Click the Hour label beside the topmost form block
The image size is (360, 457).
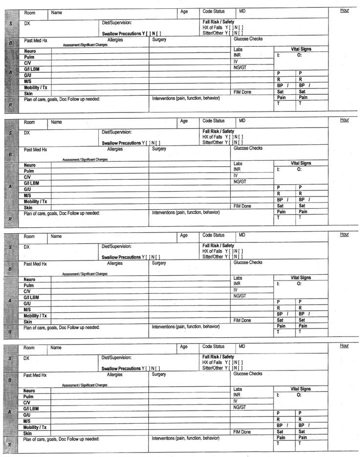(345, 10)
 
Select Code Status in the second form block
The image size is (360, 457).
(213, 121)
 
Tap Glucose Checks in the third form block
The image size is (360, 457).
(248, 262)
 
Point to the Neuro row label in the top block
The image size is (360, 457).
(30, 51)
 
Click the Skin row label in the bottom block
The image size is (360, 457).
(28, 434)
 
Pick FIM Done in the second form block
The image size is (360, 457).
(242, 206)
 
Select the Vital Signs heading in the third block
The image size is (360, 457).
(301, 278)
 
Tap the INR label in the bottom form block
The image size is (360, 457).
(237, 395)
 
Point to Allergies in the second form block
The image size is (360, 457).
(115, 149)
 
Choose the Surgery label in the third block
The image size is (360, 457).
(159, 263)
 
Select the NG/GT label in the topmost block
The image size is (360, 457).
(240, 67)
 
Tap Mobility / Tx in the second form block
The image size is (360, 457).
(36, 201)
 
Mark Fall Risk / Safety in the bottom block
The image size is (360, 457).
(218, 357)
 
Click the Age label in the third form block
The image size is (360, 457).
(184, 236)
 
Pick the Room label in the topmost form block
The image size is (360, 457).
(29, 13)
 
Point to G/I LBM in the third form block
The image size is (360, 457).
(31, 297)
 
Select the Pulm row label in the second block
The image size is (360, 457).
(29, 171)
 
